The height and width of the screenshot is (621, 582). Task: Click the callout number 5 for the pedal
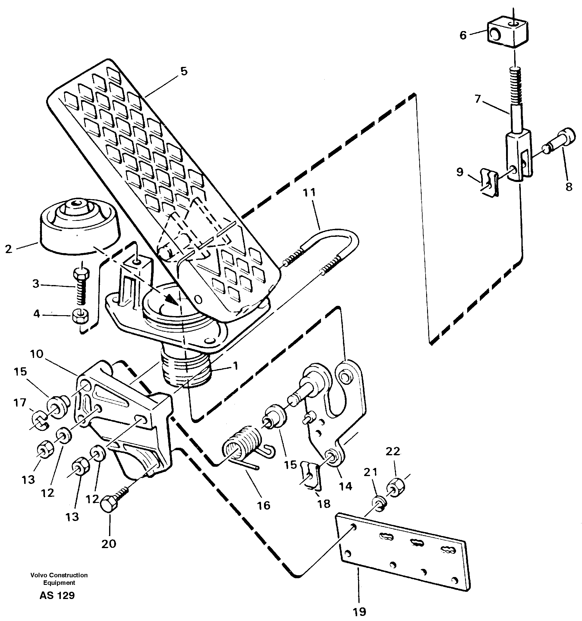(x=184, y=71)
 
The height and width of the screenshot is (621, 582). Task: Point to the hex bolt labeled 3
(x=81, y=286)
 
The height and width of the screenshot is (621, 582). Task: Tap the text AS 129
(x=57, y=595)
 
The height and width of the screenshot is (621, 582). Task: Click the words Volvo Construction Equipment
(x=59, y=579)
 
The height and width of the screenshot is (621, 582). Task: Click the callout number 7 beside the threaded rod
(x=477, y=99)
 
